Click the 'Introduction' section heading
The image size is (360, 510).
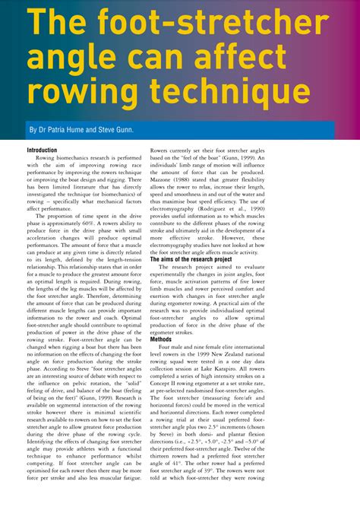pyautogui.click(x=48, y=150)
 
